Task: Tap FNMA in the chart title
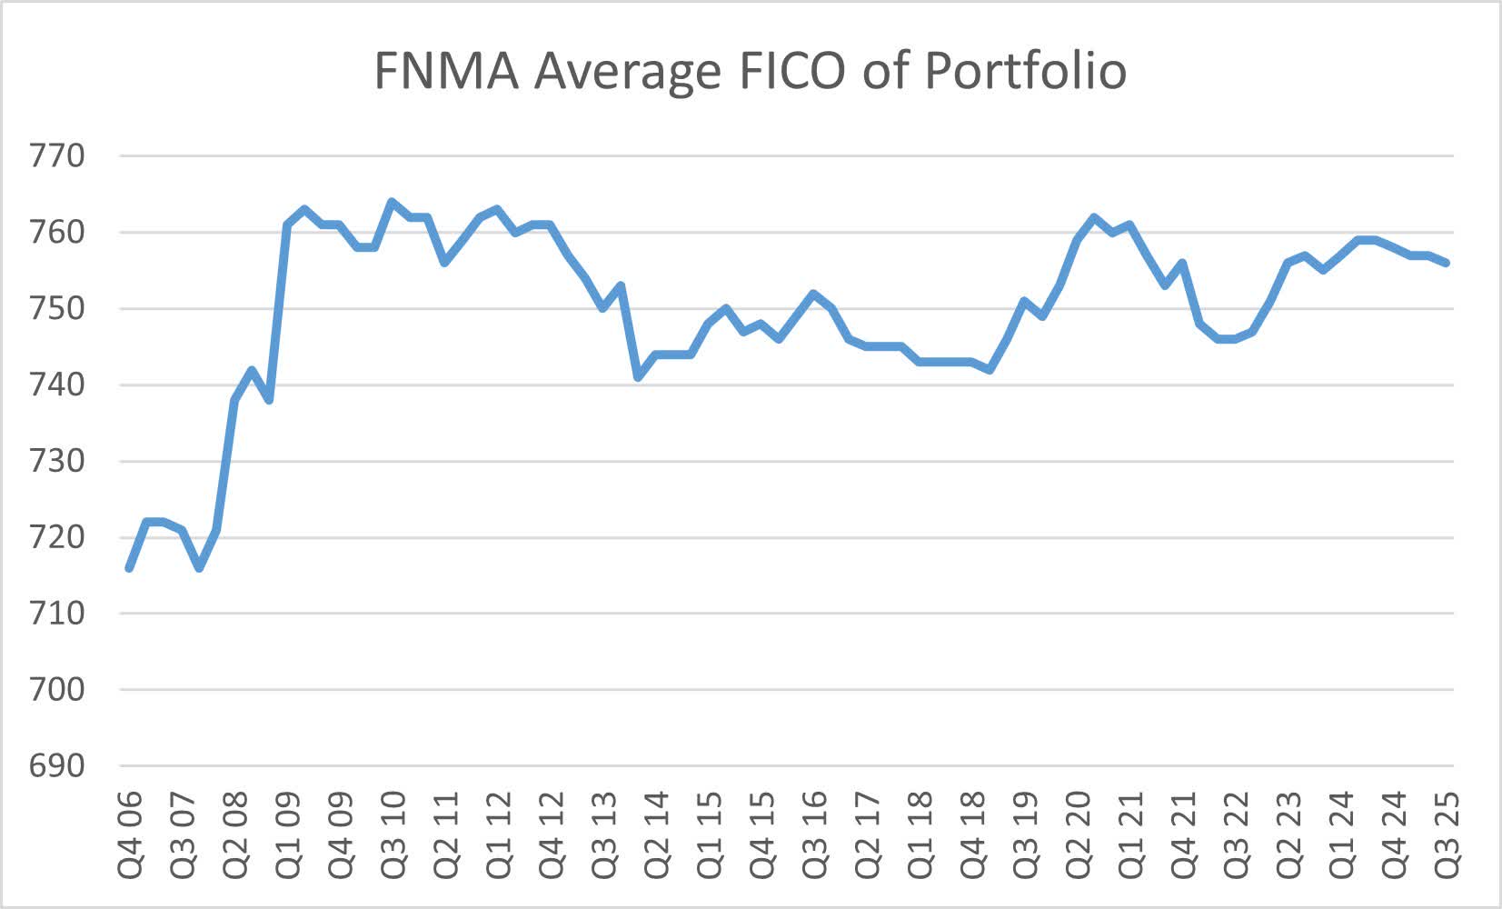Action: pyautogui.click(x=446, y=71)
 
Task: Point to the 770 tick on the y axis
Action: pyautogui.click(x=56, y=156)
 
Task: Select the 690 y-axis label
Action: pyautogui.click(x=56, y=765)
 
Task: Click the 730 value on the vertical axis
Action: pyautogui.click(x=56, y=461)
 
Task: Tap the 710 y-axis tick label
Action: pyautogui.click(x=56, y=614)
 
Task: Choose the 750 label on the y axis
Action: pyautogui.click(x=56, y=309)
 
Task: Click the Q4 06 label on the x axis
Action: pyautogui.click(x=130, y=834)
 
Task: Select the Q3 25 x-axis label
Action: pyautogui.click(x=1447, y=834)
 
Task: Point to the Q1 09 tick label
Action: pyautogui.click(x=288, y=834)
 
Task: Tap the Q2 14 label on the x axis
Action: pyautogui.click(x=656, y=834)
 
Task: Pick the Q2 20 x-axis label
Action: pyautogui.click(x=1078, y=834)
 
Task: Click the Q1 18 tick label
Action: pyautogui.click(x=920, y=834)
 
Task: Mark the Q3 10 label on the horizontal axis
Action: pyautogui.click(x=393, y=834)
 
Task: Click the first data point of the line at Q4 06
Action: pyautogui.click(x=130, y=568)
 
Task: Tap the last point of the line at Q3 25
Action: pyautogui.click(x=1446, y=263)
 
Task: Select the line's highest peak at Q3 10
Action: pyautogui.click(x=392, y=202)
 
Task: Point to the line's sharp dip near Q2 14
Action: pyautogui.click(x=639, y=377)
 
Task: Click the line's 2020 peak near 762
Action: pyautogui.click(x=1094, y=217)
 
